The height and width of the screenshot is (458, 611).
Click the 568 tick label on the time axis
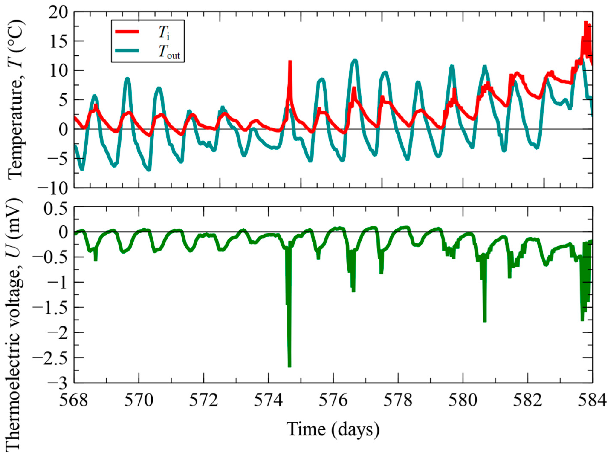(x=74, y=401)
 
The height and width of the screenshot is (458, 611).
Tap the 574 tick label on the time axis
(x=268, y=401)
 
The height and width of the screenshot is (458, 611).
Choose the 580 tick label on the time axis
(x=463, y=401)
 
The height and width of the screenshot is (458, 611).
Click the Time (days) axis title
(x=333, y=429)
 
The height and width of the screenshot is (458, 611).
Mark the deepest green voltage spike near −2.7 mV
(x=290, y=366)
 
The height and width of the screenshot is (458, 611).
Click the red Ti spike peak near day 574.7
(x=290, y=62)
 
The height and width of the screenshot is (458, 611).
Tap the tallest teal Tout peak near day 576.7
(x=355, y=60)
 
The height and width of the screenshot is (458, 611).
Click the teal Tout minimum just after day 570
(x=149, y=170)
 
